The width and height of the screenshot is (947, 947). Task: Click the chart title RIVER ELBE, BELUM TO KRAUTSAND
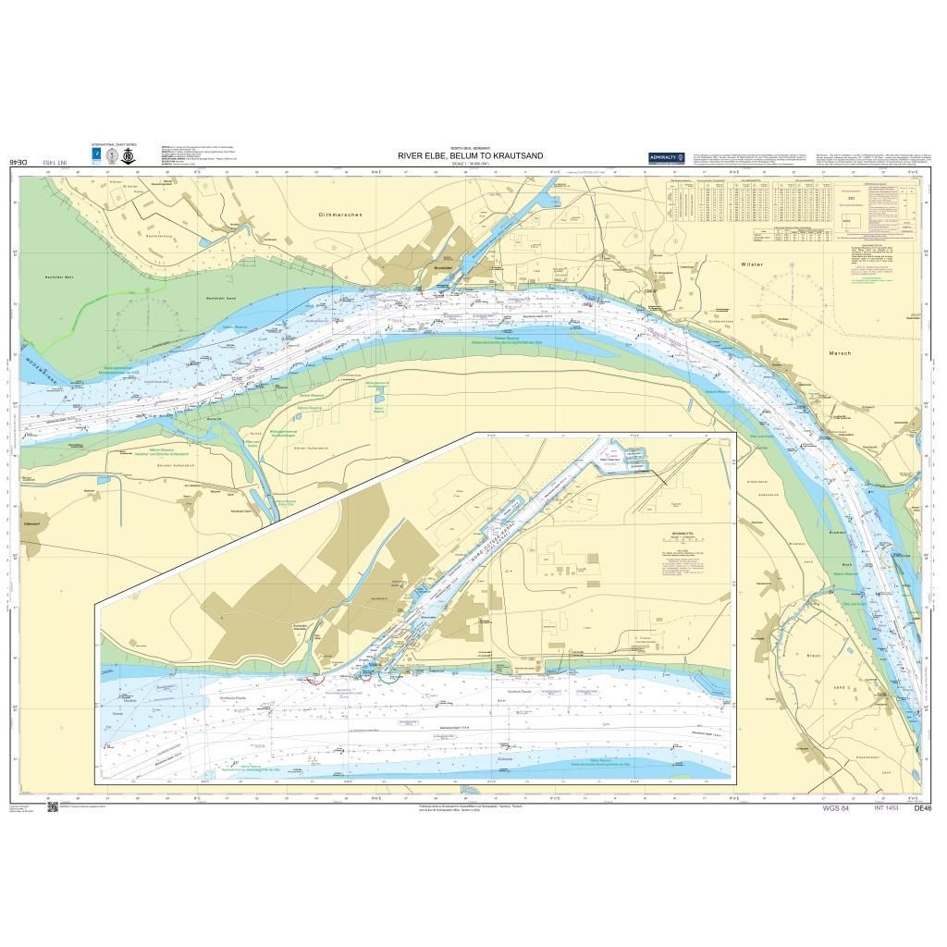pyautogui.click(x=470, y=155)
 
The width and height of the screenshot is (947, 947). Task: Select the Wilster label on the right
pyautogui.click(x=752, y=264)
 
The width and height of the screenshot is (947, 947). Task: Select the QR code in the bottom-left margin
pyautogui.click(x=52, y=806)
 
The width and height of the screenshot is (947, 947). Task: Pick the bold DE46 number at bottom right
pyautogui.click(x=922, y=808)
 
